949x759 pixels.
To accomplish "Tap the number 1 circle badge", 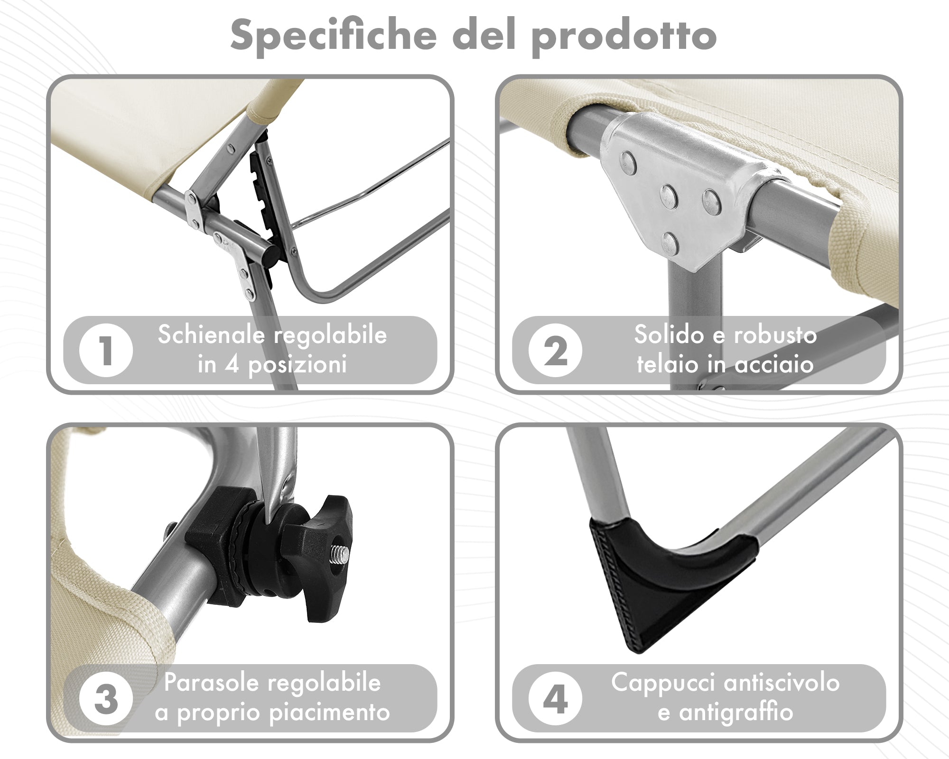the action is pos(106,351).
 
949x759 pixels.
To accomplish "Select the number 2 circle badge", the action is pos(555,351).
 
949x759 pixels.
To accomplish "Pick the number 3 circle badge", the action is pos(106,699).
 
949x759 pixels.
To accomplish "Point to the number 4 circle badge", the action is pos(555,699).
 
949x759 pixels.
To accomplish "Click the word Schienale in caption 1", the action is pos(212,334).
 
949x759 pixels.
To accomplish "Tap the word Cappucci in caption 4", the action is pos(663,683).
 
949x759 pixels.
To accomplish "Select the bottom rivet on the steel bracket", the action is pos(670,242).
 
